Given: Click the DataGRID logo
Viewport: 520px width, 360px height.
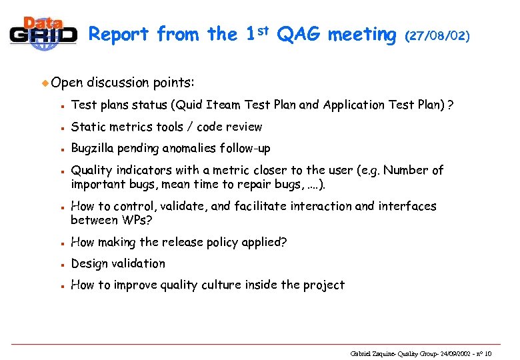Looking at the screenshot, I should click(x=43, y=32).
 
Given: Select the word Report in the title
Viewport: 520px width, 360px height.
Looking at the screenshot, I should click(x=120, y=34).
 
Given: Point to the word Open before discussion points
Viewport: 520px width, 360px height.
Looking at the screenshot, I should click(x=67, y=83).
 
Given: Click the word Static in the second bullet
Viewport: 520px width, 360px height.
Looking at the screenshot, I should click(x=88, y=127).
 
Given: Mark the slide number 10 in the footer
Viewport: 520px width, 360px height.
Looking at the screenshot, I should click(x=487, y=353).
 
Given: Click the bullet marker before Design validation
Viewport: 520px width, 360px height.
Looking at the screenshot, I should click(x=61, y=264).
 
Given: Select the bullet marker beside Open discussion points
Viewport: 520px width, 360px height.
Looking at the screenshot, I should click(x=45, y=83).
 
